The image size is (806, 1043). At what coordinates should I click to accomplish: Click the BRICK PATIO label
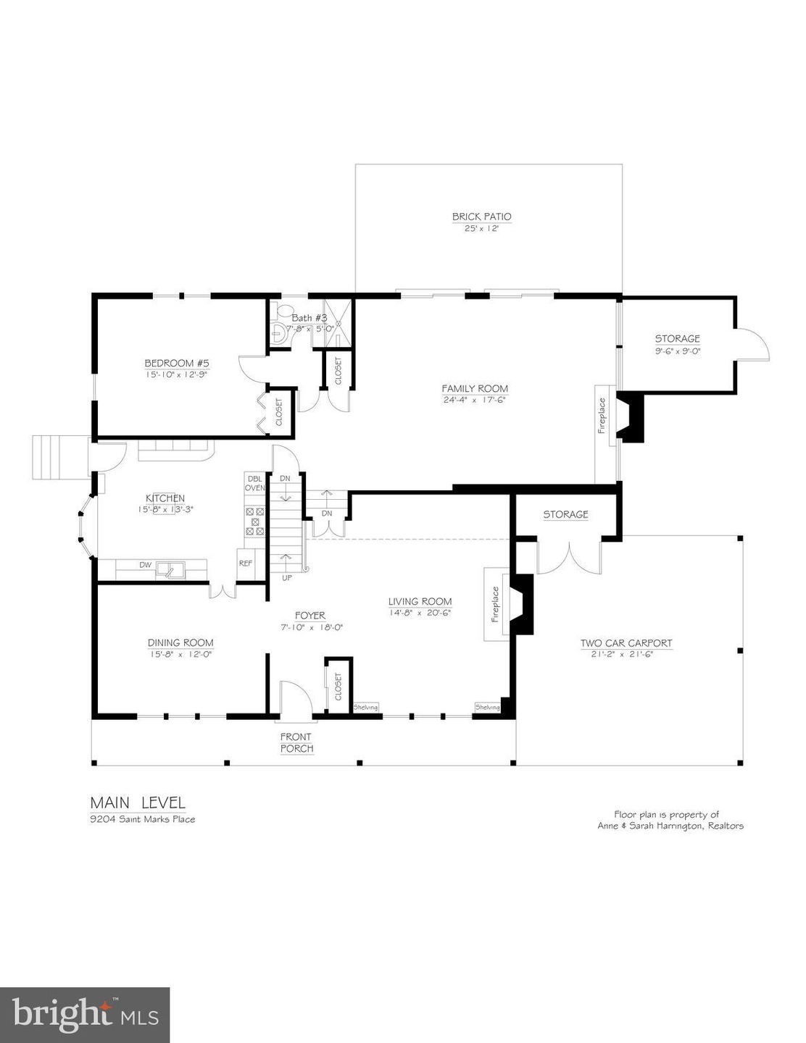point(481,217)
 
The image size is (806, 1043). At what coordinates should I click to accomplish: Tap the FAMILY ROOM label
point(475,389)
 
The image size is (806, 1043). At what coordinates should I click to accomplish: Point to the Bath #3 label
point(309,318)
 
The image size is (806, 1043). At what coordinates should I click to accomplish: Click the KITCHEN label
point(165,498)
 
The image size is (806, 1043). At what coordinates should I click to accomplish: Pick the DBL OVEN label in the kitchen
point(254,483)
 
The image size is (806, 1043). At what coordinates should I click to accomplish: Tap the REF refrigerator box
point(246,563)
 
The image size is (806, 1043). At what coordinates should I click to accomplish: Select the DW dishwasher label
point(145,565)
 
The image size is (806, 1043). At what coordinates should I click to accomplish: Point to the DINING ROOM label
point(180,642)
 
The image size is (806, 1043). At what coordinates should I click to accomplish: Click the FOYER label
point(309,616)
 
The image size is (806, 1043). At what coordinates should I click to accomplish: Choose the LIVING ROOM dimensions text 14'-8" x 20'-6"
point(420,613)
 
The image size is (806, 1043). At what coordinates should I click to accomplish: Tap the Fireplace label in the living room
point(496,605)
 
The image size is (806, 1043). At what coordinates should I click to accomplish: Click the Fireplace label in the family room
point(601,416)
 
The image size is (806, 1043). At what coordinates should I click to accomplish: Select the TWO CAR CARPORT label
point(626,643)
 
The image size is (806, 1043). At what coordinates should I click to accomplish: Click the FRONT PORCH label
point(296,742)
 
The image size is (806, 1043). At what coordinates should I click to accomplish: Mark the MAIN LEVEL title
point(138,803)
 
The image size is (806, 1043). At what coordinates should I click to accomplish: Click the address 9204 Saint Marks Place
point(142,819)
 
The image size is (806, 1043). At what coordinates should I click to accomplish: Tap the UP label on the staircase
point(286,578)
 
